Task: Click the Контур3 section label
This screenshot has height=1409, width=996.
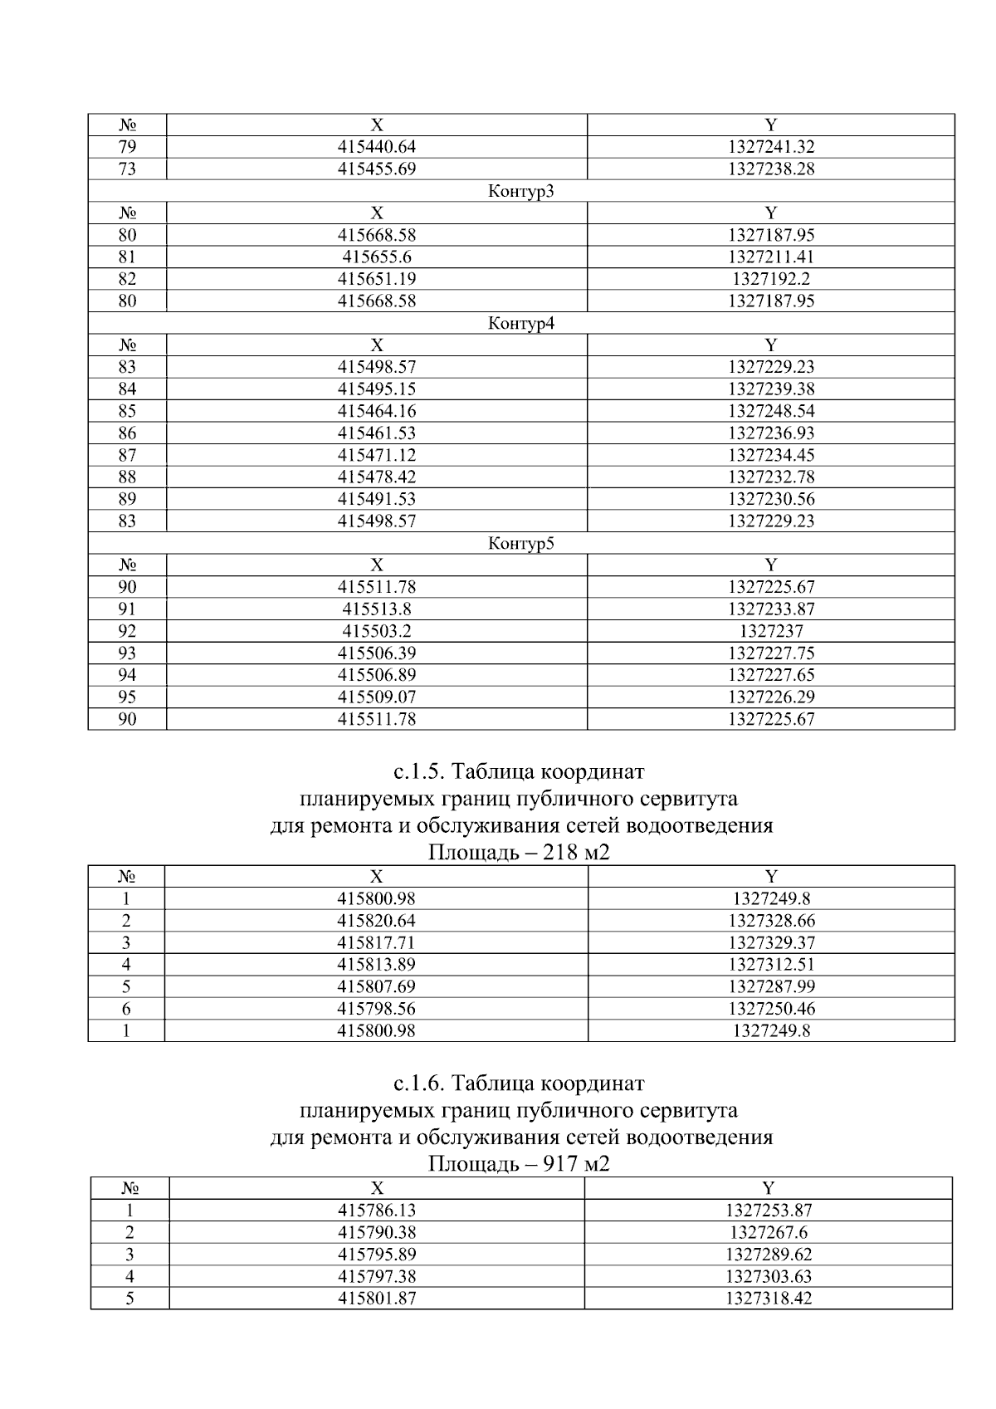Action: point(520,191)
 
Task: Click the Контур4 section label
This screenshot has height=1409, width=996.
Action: point(520,323)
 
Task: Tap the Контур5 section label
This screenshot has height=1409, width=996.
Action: point(520,543)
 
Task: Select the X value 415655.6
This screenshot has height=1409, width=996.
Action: point(376,257)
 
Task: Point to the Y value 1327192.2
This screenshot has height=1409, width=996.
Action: point(770,279)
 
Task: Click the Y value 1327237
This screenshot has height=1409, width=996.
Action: point(770,631)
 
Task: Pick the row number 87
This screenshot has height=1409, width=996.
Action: point(127,455)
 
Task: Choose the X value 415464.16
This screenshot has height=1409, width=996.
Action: point(376,411)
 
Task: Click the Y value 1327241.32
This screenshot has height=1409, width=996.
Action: point(770,147)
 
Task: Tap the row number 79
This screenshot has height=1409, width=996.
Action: point(127,147)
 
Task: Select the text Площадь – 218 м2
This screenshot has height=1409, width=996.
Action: point(518,853)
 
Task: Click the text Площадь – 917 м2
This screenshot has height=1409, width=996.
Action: point(518,1164)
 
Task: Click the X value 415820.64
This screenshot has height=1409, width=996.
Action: point(376,920)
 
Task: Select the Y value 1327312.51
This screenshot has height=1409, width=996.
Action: point(770,964)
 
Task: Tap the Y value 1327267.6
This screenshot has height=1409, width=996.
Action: point(768,1232)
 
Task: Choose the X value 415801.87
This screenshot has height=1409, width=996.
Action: point(376,1298)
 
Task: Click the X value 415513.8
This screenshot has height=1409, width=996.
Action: point(376,609)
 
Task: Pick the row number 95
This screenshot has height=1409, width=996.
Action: point(127,697)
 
